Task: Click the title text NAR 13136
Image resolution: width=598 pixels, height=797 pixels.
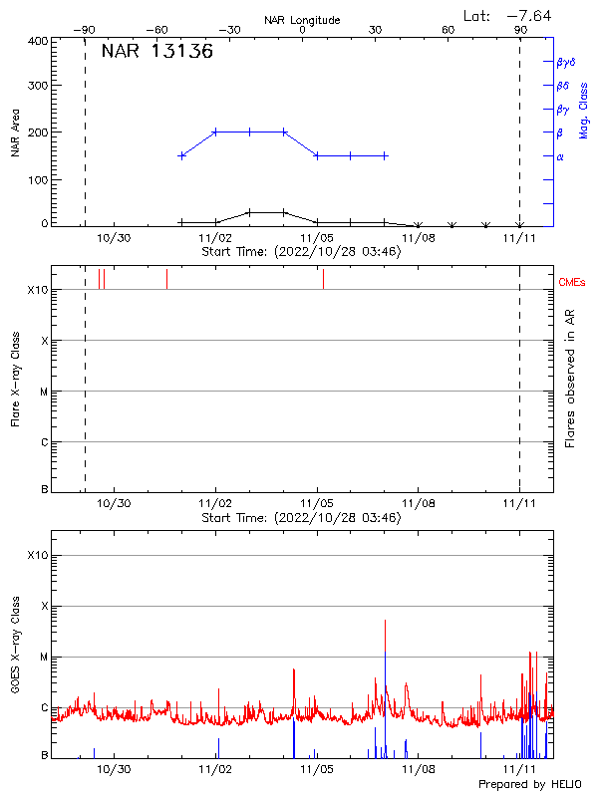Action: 157,53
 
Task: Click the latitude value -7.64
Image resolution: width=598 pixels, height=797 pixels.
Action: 528,15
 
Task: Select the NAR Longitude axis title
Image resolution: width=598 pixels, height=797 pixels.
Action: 302,20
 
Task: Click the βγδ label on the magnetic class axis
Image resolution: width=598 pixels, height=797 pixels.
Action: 565,62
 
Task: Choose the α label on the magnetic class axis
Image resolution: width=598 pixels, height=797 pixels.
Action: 560,156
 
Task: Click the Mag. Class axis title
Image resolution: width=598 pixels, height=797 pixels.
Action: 584,111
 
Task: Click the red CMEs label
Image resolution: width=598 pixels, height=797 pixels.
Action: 572,283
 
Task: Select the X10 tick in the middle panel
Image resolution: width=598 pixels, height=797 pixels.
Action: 37,290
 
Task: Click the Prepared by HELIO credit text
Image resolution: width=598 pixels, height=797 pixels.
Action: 530,785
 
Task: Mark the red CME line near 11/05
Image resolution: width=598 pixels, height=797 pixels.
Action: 323,279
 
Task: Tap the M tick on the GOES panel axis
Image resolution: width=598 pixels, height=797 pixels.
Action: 43,658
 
